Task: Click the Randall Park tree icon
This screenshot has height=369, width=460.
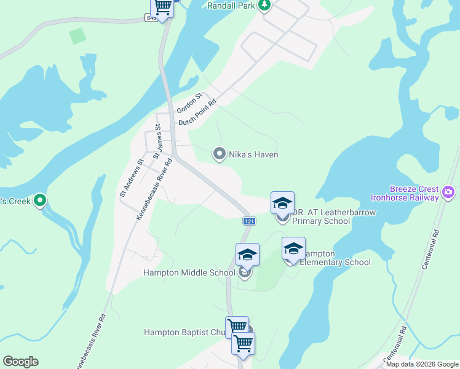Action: [264, 6]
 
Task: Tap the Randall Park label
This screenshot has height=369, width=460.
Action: [231, 6]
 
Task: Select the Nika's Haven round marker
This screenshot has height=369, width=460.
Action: [219, 154]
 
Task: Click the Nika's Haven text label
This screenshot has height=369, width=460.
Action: [253, 154]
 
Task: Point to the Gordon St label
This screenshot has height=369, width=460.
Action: [189, 103]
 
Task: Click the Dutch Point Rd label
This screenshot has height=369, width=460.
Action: [198, 112]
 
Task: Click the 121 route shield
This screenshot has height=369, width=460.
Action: [249, 221]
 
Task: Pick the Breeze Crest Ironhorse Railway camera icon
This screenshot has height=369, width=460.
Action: [448, 193]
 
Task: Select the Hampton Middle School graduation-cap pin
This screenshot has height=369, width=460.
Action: [247, 255]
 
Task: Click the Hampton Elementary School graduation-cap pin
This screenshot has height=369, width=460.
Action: [293, 249]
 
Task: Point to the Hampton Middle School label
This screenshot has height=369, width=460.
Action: [189, 272]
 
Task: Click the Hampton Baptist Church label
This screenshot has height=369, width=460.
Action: [184, 332]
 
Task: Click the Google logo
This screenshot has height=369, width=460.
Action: [20, 362]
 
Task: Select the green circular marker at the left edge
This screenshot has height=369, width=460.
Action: [41, 200]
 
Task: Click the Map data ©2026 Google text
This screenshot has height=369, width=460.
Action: [421, 364]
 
